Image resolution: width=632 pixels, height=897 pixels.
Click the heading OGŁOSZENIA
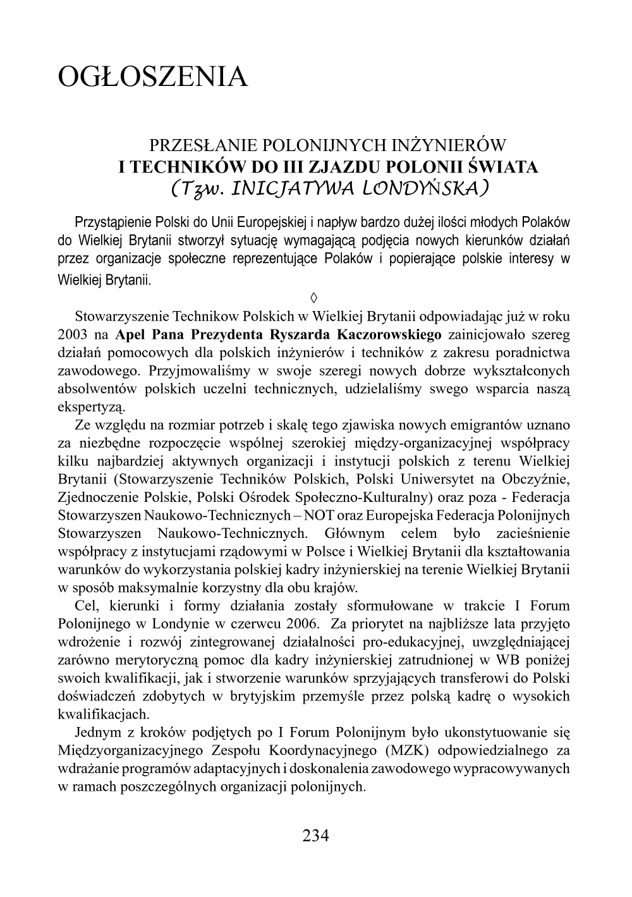152,76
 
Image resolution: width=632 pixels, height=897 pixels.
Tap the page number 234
316,836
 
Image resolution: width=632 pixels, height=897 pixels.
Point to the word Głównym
351,533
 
